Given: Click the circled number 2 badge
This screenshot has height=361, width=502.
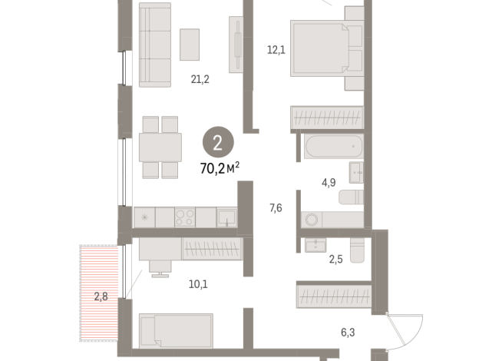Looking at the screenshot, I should click(x=219, y=142).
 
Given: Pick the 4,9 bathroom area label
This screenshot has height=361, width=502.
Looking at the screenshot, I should click(x=328, y=183).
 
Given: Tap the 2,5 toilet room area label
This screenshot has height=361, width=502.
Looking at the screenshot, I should click(x=336, y=259).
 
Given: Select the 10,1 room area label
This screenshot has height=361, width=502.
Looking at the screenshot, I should click(x=198, y=284).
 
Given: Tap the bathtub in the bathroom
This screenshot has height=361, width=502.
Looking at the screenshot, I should click(x=332, y=146).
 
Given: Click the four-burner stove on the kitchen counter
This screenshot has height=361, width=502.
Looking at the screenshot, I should click(x=184, y=217).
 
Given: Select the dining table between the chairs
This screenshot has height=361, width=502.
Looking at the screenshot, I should click(x=160, y=147).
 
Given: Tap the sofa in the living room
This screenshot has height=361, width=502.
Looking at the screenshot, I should click(x=154, y=45).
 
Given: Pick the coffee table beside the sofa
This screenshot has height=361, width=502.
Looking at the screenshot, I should click(x=190, y=45).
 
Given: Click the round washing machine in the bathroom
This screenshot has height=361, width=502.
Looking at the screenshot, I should click(x=312, y=220).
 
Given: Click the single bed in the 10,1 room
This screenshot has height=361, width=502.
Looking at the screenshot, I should click(x=175, y=330).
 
